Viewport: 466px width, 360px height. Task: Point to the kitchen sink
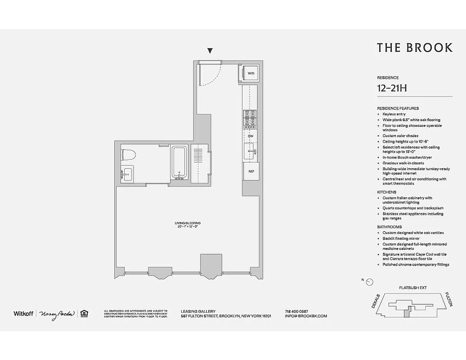251,151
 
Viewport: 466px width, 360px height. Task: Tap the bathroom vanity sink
126,174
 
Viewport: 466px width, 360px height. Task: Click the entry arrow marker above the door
210,51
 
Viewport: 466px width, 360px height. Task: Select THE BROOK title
414,48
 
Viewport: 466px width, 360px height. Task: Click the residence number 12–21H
392,88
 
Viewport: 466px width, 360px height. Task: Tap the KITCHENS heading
386,192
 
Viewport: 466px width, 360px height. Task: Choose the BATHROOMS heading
389,227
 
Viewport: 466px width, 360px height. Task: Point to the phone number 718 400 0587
296,311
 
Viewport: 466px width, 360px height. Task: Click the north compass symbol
369,282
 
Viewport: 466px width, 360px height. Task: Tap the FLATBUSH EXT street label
412,287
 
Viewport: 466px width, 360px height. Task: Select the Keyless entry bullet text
394,114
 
